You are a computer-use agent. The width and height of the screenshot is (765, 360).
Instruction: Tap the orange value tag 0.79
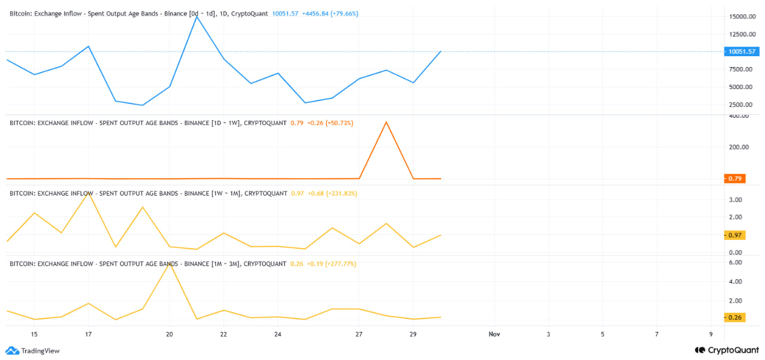pyautogui.click(x=735, y=178)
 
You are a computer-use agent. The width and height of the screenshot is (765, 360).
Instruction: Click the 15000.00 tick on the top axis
pyautogui.click(x=742, y=17)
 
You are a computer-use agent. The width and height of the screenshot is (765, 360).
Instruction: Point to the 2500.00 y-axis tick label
pyautogui.click(x=741, y=104)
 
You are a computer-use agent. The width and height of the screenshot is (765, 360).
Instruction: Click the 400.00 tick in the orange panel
pyautogui.click(x=739, y=116)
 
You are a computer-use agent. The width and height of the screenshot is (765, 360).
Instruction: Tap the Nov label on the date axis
pyautogui.click(x=494, y=334)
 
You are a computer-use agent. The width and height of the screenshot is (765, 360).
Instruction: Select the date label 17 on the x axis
pyautogui.click(x=88, y=334)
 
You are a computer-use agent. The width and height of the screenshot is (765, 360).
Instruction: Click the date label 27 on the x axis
pyautogui.click(x=359, y=334)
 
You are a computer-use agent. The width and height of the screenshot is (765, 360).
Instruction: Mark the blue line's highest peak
pyautogui.click(x=197, y=16)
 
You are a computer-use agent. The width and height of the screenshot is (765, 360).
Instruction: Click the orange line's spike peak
pyautogui.click(x=386, y=122)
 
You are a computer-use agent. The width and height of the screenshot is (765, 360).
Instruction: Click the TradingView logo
pyautogui.click(x=33, y=351)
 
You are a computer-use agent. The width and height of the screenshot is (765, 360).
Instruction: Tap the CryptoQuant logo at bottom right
pyautogui.click(x=726, y=350)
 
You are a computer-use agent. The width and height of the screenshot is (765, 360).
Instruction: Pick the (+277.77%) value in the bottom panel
pyautogui.click(x=341, y=264)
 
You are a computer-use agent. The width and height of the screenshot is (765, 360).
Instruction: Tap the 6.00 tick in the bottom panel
pyautogui.click(x=736, y=263)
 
